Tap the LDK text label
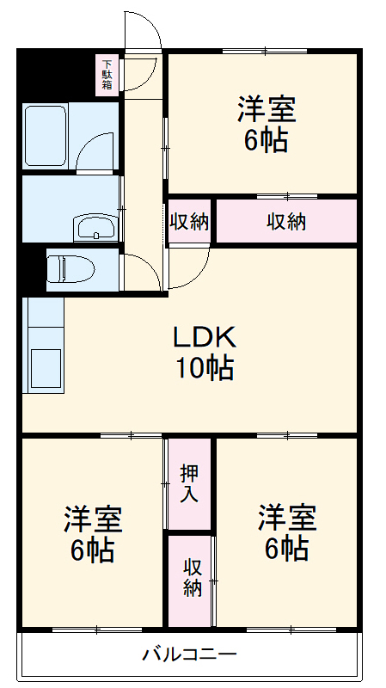coord(205,336)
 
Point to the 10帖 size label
coord(205,368)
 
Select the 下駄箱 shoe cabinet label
coord(108,74)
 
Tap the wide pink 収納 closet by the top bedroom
coord(286,221)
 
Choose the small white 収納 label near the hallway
coord(189,221)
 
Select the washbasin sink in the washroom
coord(95,229)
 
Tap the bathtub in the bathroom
coord(46,137)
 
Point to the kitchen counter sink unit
coord(45,344)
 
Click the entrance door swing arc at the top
coord(143,34)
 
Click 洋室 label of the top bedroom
coord(267,111)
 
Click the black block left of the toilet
coord(32,268)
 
